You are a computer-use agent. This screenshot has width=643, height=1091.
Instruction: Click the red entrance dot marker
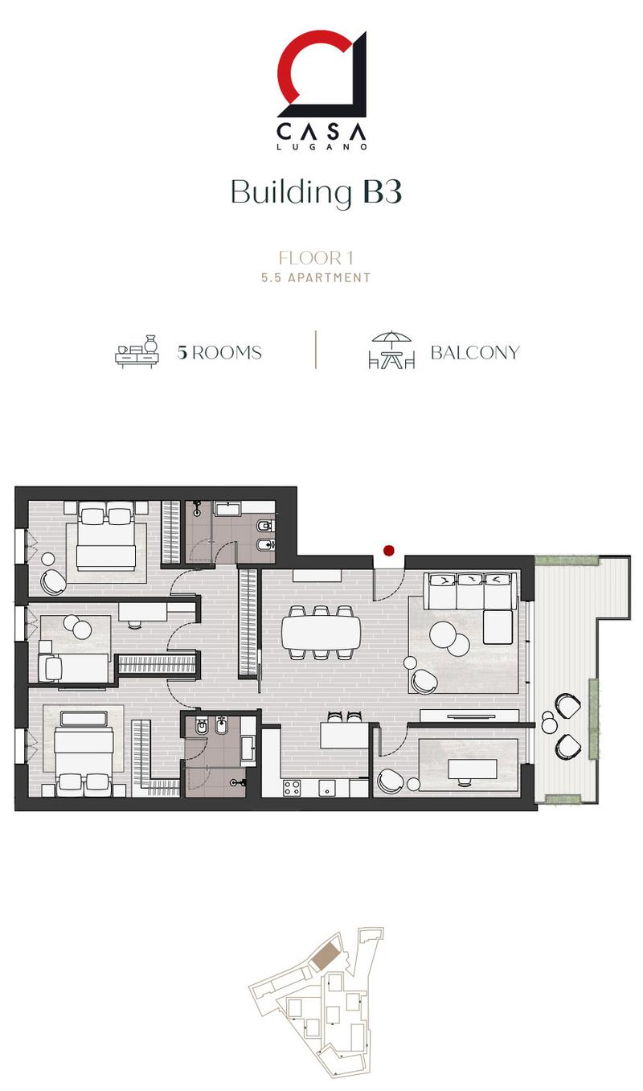pyautogui.click(x=388, y=551)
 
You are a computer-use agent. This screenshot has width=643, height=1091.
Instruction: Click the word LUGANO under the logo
pyautogui.click(x=321, y=146)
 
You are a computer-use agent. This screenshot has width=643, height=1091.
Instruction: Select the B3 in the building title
pyautogui.click(x=383, y=192)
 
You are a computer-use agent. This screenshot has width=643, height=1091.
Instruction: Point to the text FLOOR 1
pyautogui.click(x=316, y=257)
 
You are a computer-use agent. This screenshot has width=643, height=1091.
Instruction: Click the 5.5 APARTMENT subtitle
pyautogui.click(x=316, y=277)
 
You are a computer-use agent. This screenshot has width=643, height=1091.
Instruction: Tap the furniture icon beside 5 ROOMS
pyautogui.click(x=137, y=351)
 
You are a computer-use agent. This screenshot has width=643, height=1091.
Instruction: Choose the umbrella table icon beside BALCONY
pyautogui.click(x=392, y=350)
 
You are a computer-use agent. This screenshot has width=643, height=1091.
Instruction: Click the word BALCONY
pyautogui.click(x=476, y=353)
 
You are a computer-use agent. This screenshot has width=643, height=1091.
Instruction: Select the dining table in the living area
pyautogui.click(x=321, y=633)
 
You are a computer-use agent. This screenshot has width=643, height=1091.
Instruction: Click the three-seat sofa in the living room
pyautogui.click(x=470, y=591)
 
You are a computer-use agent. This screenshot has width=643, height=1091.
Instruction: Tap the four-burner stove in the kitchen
pyautogui.click(x=292, y=788)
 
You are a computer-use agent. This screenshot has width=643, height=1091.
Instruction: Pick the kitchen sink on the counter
pyautogui.click(x=327, y=788)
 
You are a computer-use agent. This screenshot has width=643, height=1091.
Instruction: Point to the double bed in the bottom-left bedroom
pyautogui.click(x=84, y=754)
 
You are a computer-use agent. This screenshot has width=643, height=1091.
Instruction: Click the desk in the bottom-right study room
pyautogui.click(x=472, y=769)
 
